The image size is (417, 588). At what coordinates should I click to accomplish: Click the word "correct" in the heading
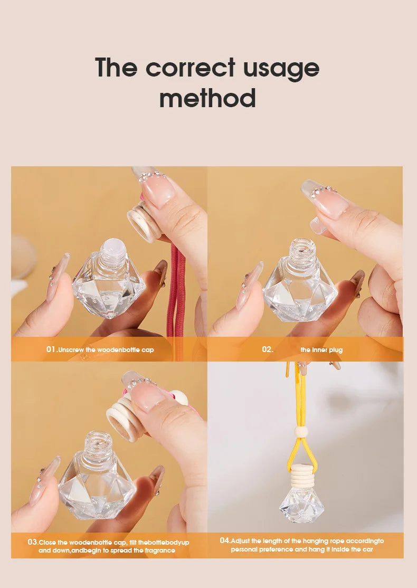coord(190,68)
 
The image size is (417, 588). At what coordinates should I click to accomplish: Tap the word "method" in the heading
coord(207,99)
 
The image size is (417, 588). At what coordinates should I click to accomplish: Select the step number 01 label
coord(51,349)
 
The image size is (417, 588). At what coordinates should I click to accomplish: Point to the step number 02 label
coord(267,349)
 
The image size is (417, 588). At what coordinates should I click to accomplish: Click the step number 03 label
coord(33,542)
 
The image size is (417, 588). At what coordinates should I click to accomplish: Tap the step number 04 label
coord(225,540)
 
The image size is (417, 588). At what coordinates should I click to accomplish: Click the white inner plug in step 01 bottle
coord(115,246)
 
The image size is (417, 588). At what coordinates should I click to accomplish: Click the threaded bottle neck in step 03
coord(98,443)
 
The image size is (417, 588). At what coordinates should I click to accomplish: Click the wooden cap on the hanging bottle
coord(302,475)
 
